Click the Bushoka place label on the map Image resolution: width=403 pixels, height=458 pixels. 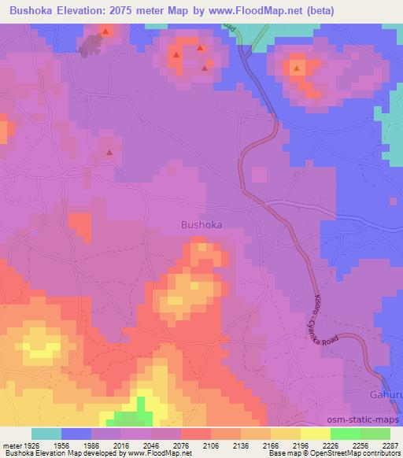201,224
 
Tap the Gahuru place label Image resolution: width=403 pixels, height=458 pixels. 386,395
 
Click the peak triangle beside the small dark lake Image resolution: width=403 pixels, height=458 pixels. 104,31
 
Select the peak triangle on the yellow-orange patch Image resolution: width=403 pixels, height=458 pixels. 297,69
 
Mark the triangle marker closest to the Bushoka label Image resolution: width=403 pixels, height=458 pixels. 109,153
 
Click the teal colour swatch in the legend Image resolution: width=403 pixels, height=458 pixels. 46,433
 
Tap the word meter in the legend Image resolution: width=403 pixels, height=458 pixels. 13,444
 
